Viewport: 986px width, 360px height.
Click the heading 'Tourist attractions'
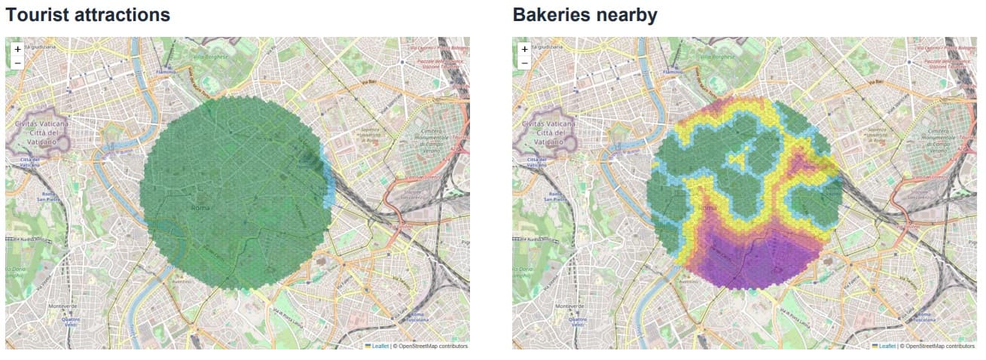[x=88, y=14]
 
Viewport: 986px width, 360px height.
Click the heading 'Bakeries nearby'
[x=585, y=14]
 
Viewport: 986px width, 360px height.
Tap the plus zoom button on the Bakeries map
[x=524, y=49]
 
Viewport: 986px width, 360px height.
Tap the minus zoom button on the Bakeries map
[x=524, y=63]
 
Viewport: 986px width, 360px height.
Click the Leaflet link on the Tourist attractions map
[x=380, y=346]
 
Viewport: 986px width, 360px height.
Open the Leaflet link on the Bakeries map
[x=887, y=346]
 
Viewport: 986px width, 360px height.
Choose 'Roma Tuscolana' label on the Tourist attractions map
[x=419, y=317]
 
